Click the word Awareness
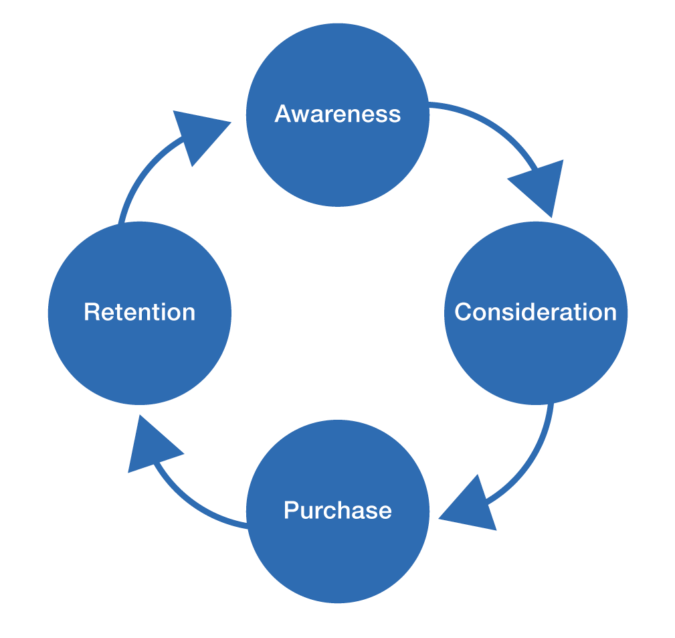(x=337, y=114)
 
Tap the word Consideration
(x=535, y=312)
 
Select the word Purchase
(x=337, y=510)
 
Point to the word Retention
(x=139, y=312)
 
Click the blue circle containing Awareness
(x=337, y=161)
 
